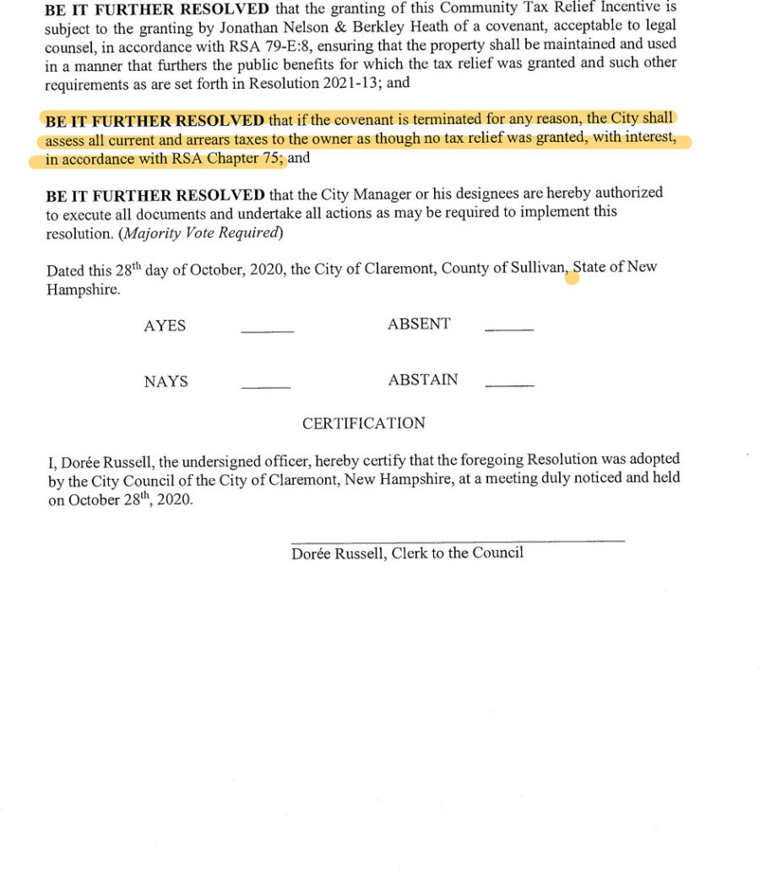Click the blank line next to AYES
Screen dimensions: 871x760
tap(267, 331)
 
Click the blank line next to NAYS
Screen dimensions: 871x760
tap(266, 387)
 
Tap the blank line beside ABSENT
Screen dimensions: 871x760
tap(509, 329)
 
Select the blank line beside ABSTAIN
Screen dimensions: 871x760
tap(510, 385)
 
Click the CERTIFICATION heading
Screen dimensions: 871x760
tap(364, 423)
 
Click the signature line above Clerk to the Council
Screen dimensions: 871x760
tap(458, 540)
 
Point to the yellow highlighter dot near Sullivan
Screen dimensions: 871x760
tap(572, 277)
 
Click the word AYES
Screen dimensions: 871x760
tap(165, 326)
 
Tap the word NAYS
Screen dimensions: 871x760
tap(166, 382)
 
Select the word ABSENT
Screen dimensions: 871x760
tap(419, 324)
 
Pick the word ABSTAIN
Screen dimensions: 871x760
tap(423, 380)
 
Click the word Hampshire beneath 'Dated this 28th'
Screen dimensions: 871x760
tap(83, 289)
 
